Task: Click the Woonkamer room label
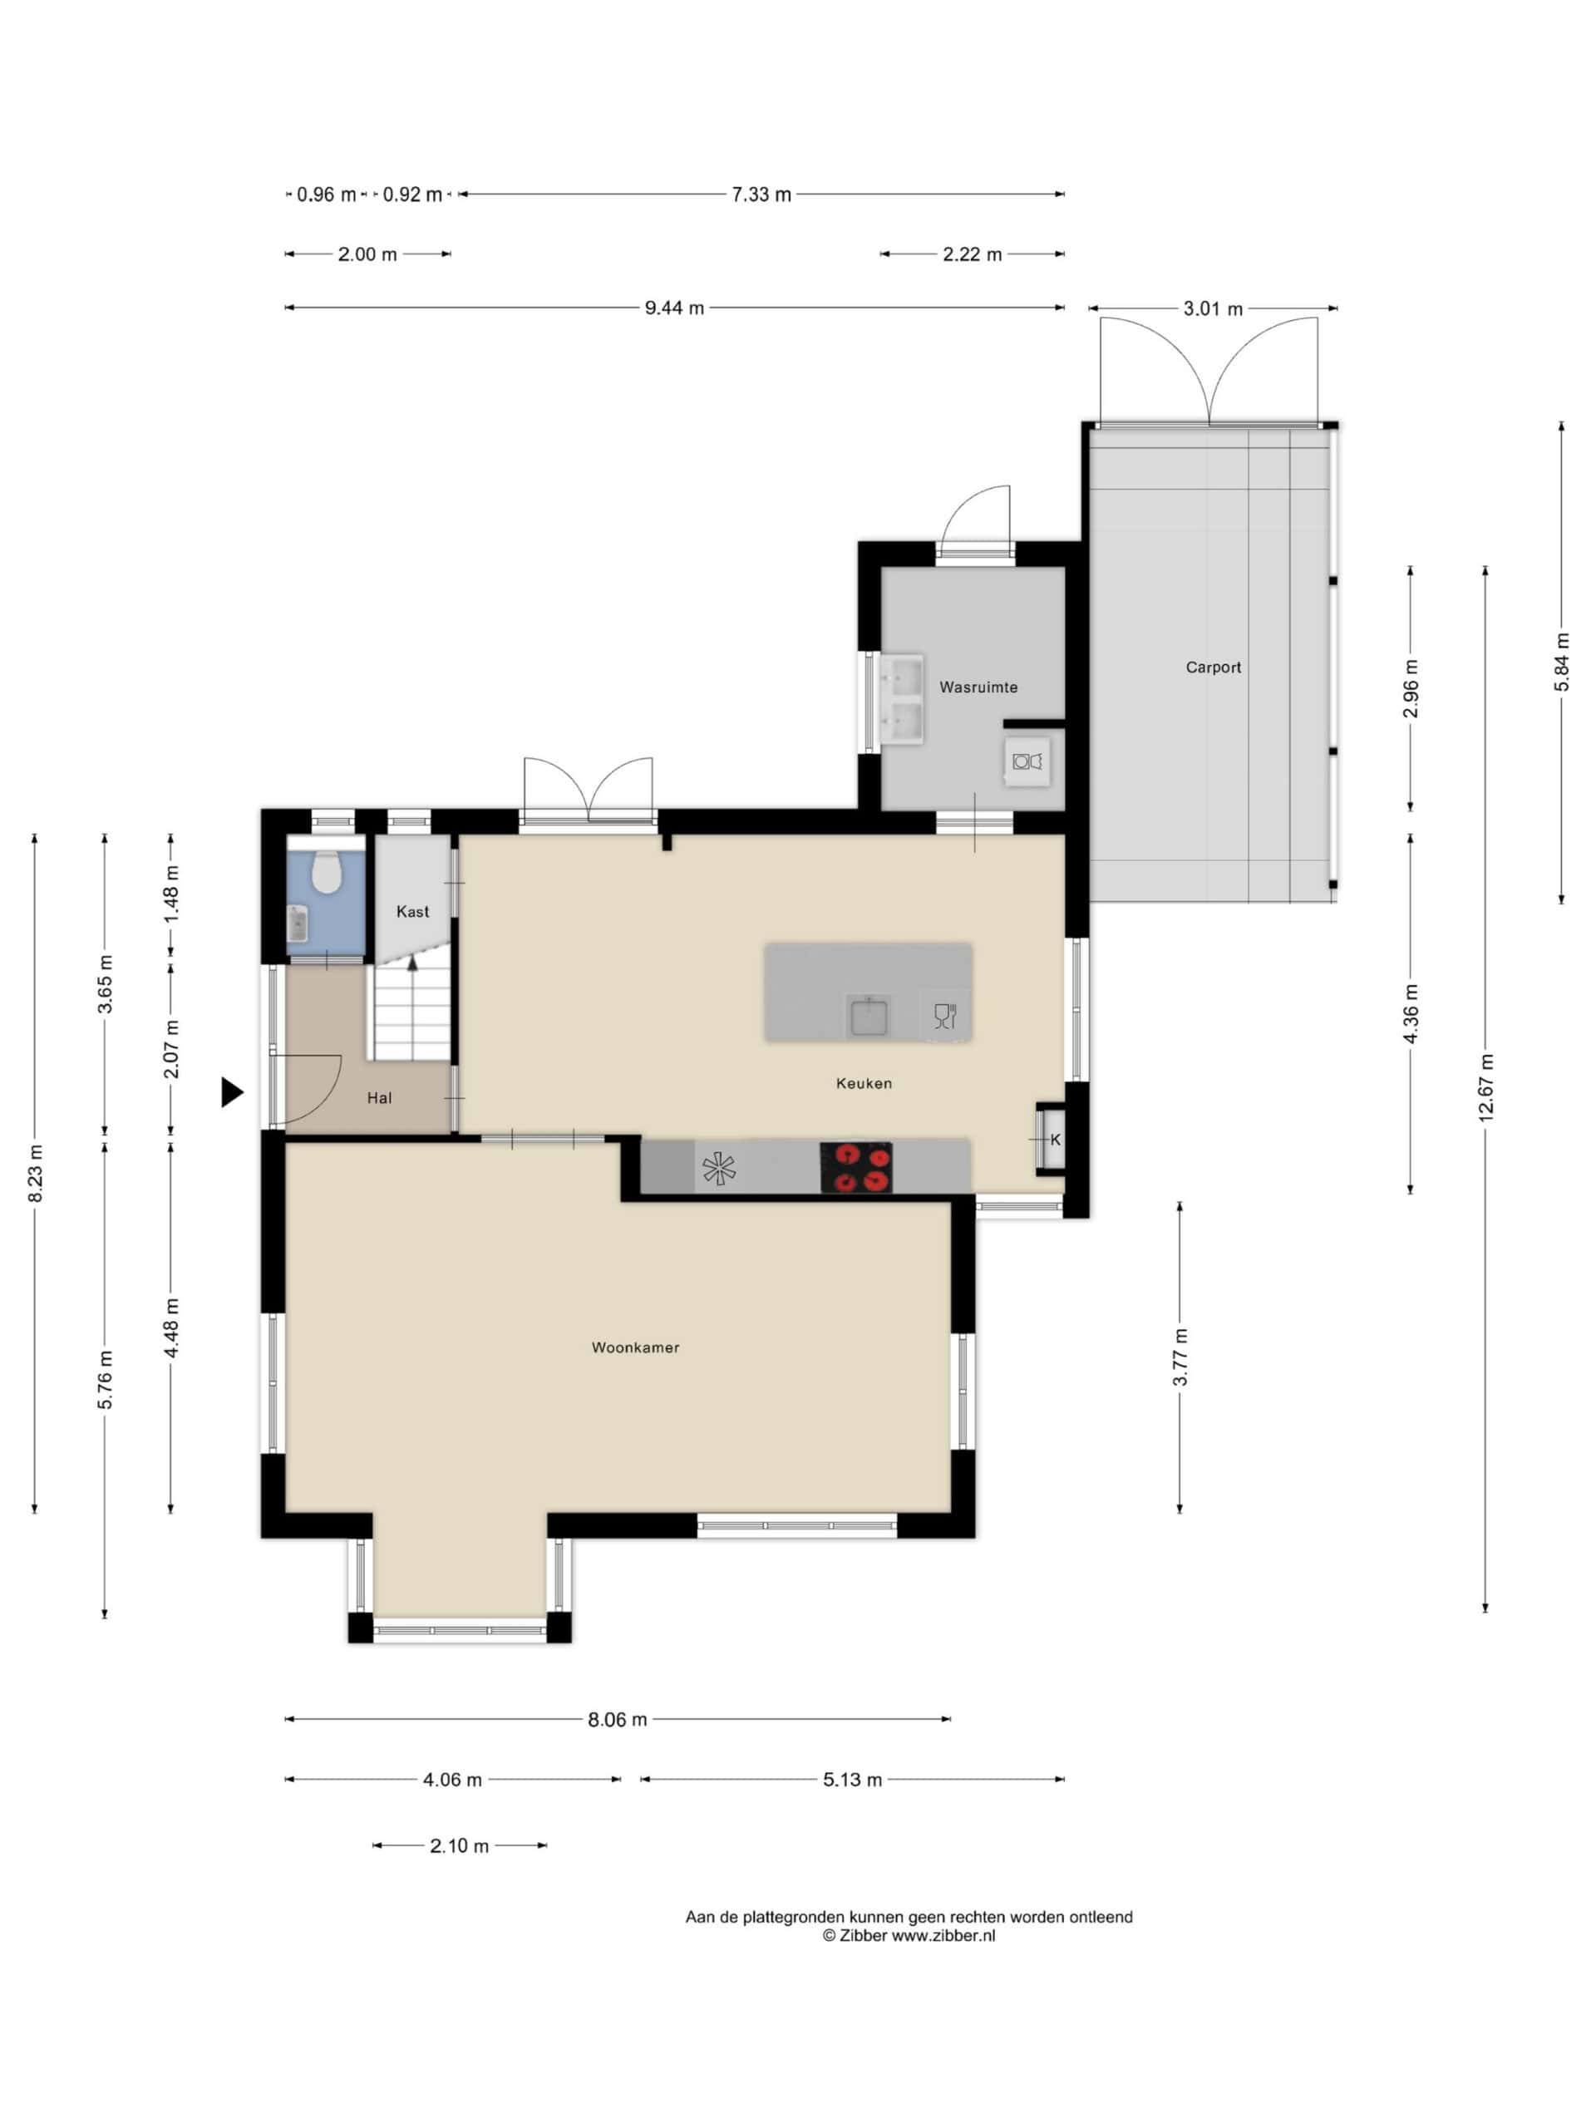[x=635, y=1347]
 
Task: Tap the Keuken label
[x=864, y=1083]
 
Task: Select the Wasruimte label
[x=978, y=687]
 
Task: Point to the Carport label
[x=1213, y=667]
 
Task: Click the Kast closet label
[x=412, y=911]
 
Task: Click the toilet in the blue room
[x=327, y=872]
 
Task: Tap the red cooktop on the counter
[x=855, y=1167]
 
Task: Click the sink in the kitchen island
[x=868, y=1016]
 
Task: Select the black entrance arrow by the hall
[x=232, y=1092]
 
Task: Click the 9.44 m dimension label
[x=673, y=308]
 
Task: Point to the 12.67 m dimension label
[x=1485, y=1087]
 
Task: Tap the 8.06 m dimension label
[x=618, y=1719]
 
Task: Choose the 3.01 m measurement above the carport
[x=1212, y=309]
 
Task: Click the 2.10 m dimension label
[x=459, y=1845]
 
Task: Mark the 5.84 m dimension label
[x=1561, y=662]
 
